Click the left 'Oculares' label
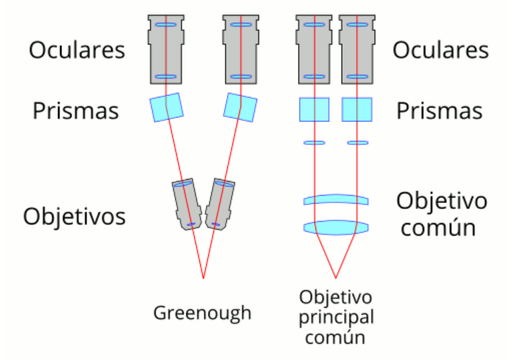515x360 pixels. tap(76, 50)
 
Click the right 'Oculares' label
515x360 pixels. tap(440, 50)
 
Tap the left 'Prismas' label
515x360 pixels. tap(76, 110)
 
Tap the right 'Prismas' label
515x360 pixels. tap(439, 110)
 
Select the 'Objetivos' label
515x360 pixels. tap(75, 216)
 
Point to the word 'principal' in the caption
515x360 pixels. tap(335, 317)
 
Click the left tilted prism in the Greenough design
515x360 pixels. tap(166, 108)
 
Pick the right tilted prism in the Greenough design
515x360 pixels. tap(240, 108)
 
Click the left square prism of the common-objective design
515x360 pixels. tap(314, 110)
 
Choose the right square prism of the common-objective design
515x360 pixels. tap(357, 110)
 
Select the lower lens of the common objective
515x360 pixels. tap(335, 228)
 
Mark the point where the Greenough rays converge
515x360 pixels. tap(203, 277)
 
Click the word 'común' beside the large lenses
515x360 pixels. tap(438, 228)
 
